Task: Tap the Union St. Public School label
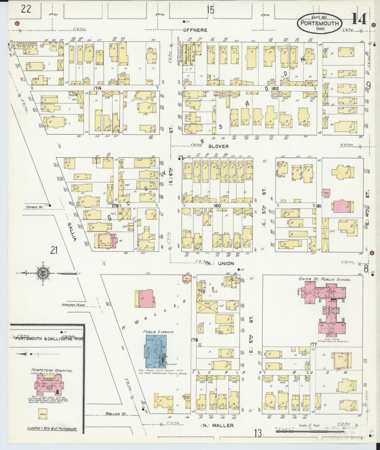325,279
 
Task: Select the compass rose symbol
43,273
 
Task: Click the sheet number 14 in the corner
359,19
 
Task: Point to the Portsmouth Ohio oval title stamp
320,23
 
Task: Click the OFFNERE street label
195,30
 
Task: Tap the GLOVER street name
219,146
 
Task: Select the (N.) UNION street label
219,263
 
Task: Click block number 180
217,206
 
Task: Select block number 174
97,88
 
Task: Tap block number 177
313,344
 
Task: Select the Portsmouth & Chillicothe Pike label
49,339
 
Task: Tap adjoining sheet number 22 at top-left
26,9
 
